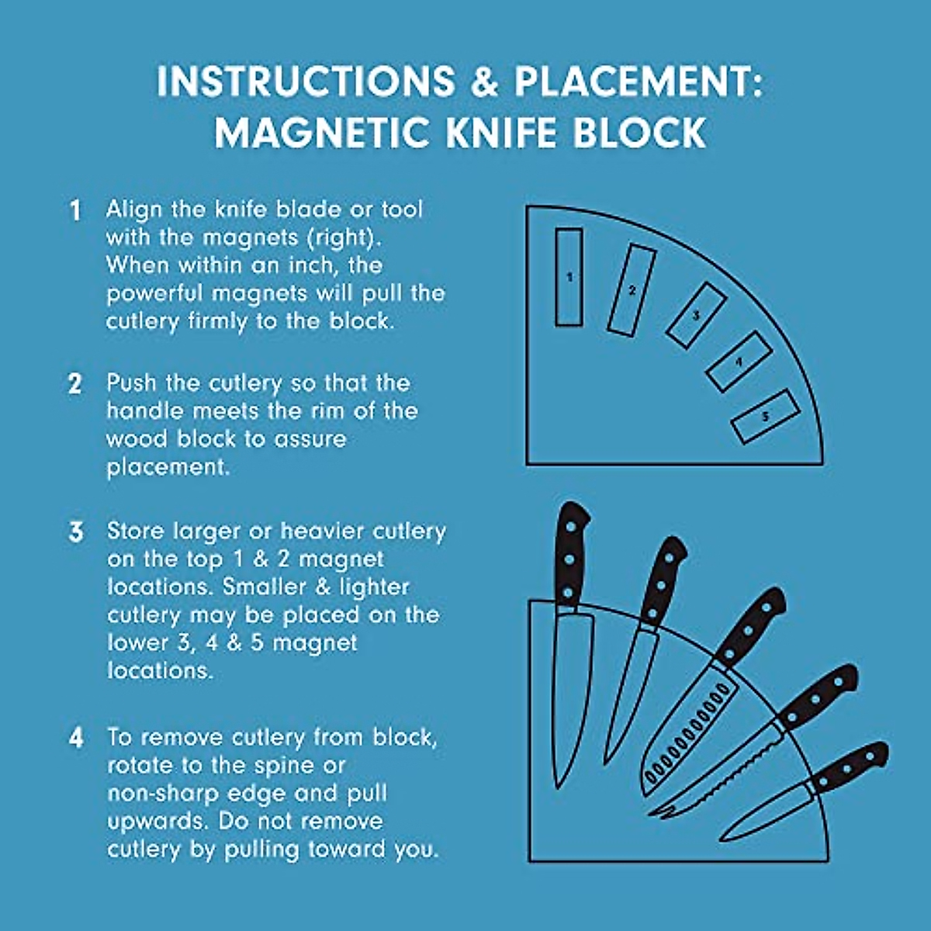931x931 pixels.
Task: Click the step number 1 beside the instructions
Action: coord(75,210)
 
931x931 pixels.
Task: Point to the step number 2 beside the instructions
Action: coord(75,384)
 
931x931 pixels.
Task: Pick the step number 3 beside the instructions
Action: coord(75,532)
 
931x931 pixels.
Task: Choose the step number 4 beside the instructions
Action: coord(75,737)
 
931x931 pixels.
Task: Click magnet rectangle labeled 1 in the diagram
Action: coord(569,277)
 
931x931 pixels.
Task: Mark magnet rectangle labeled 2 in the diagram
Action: coord(632,290)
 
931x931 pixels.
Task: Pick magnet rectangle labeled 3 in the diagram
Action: coord(696,315)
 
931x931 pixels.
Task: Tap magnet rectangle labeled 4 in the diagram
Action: coord(739,362)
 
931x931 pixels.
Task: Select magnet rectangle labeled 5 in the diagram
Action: coord(765,417)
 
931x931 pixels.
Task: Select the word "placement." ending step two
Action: coord(168,467)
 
